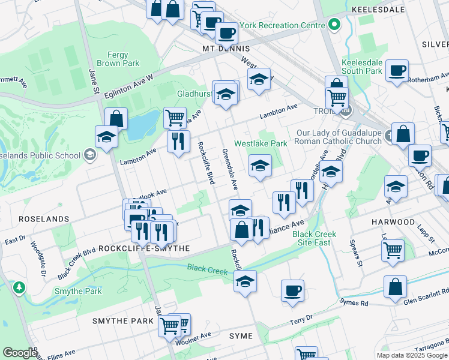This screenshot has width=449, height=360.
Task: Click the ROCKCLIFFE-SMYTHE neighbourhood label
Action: tap(135, 248)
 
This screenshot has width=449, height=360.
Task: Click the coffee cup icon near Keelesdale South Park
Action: tap(397, 71)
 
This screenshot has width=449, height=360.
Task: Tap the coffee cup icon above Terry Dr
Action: tap(292, 290)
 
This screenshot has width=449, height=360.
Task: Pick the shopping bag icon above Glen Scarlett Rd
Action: tap(396, 287)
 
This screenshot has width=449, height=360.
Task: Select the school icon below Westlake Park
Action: tap(260, 166)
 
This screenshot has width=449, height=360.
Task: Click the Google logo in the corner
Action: tap(20, 353)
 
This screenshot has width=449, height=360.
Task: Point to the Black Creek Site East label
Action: tap(315, 238)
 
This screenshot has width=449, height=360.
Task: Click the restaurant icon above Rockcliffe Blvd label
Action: tap(178, 142)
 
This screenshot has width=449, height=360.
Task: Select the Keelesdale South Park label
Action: tap(361, 67)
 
